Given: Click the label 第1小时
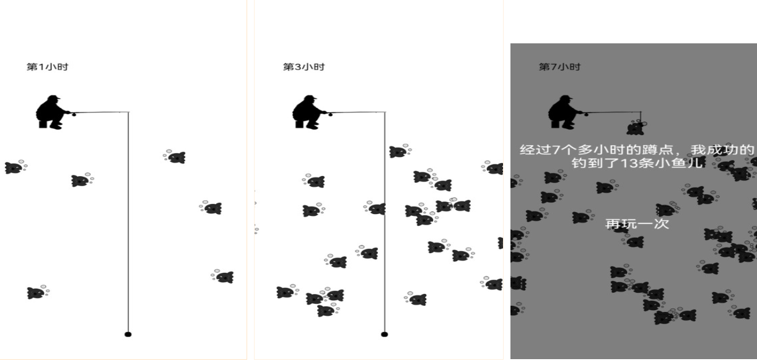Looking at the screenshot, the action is [x=47, y=67].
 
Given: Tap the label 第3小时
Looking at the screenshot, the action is [x=304, y=67].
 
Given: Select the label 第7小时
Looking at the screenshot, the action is [x=559, y=67].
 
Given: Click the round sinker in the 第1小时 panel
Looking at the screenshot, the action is [x=128, y=334].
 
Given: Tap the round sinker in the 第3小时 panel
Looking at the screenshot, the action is [x=384, y=334].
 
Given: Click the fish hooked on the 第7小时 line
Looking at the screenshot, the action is [x=636, y=128].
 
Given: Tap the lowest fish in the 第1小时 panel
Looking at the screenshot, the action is [x=38, y=292].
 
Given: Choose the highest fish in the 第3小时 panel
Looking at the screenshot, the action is [x=400, y=151].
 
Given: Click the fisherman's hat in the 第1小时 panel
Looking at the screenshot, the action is [x=54, y=97].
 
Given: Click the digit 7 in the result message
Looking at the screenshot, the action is [x=555, y=150].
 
